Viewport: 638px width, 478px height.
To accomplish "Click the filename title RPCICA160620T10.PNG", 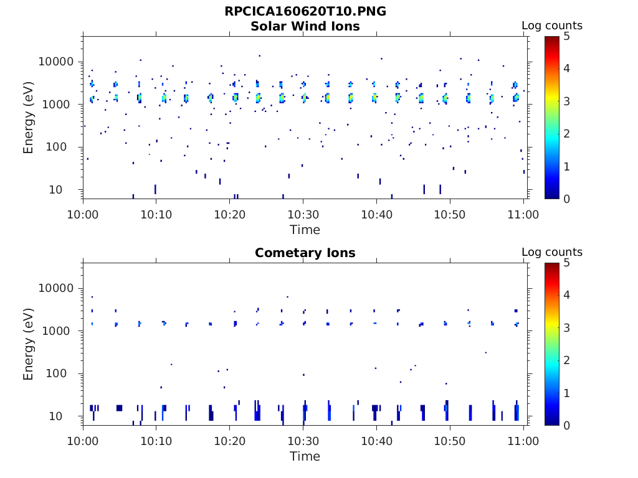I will point(305,11).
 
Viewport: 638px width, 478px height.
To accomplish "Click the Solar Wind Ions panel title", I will point(305,26).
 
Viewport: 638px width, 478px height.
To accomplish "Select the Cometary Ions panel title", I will point(305,253).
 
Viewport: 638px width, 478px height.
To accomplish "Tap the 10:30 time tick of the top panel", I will point(303,214).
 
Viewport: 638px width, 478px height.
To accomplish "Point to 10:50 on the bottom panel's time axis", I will point(450,441).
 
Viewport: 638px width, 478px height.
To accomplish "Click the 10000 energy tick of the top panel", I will point(57,62).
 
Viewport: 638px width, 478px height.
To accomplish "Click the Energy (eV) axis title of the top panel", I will point(29,118).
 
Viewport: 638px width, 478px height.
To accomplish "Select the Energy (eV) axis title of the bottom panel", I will point(29,344).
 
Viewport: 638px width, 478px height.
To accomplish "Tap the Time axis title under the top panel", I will point(305,230).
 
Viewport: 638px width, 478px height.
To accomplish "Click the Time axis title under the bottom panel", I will point(305,456).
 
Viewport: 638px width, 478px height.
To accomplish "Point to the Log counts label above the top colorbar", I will point(552,26).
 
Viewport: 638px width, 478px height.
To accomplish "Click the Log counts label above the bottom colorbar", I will point(552,252).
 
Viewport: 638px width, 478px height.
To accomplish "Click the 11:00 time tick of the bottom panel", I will point(523,441).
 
